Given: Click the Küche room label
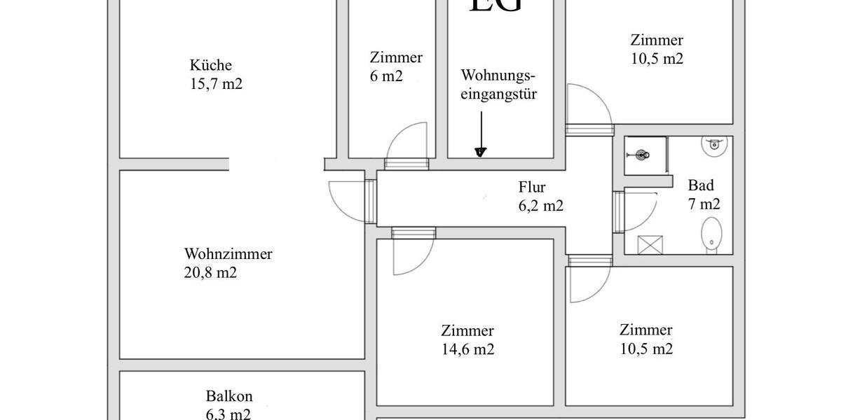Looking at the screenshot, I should [210, 65].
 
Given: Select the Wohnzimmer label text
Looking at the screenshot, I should [228, 254].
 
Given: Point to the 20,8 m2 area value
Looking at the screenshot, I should [210, 273].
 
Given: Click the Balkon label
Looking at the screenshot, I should [228, 395].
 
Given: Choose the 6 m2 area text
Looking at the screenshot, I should [386, 76].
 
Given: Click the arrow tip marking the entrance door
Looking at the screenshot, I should [480, 152].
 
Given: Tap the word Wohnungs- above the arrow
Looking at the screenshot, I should [498, 75].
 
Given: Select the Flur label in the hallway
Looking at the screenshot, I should [532, 187].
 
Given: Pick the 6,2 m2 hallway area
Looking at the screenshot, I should [540, 206].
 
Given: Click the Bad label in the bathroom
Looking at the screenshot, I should [701, 185].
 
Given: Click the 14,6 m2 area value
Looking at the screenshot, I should [467, 349].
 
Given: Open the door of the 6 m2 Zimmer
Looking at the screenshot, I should [406, 143].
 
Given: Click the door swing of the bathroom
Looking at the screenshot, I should [638, 210].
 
